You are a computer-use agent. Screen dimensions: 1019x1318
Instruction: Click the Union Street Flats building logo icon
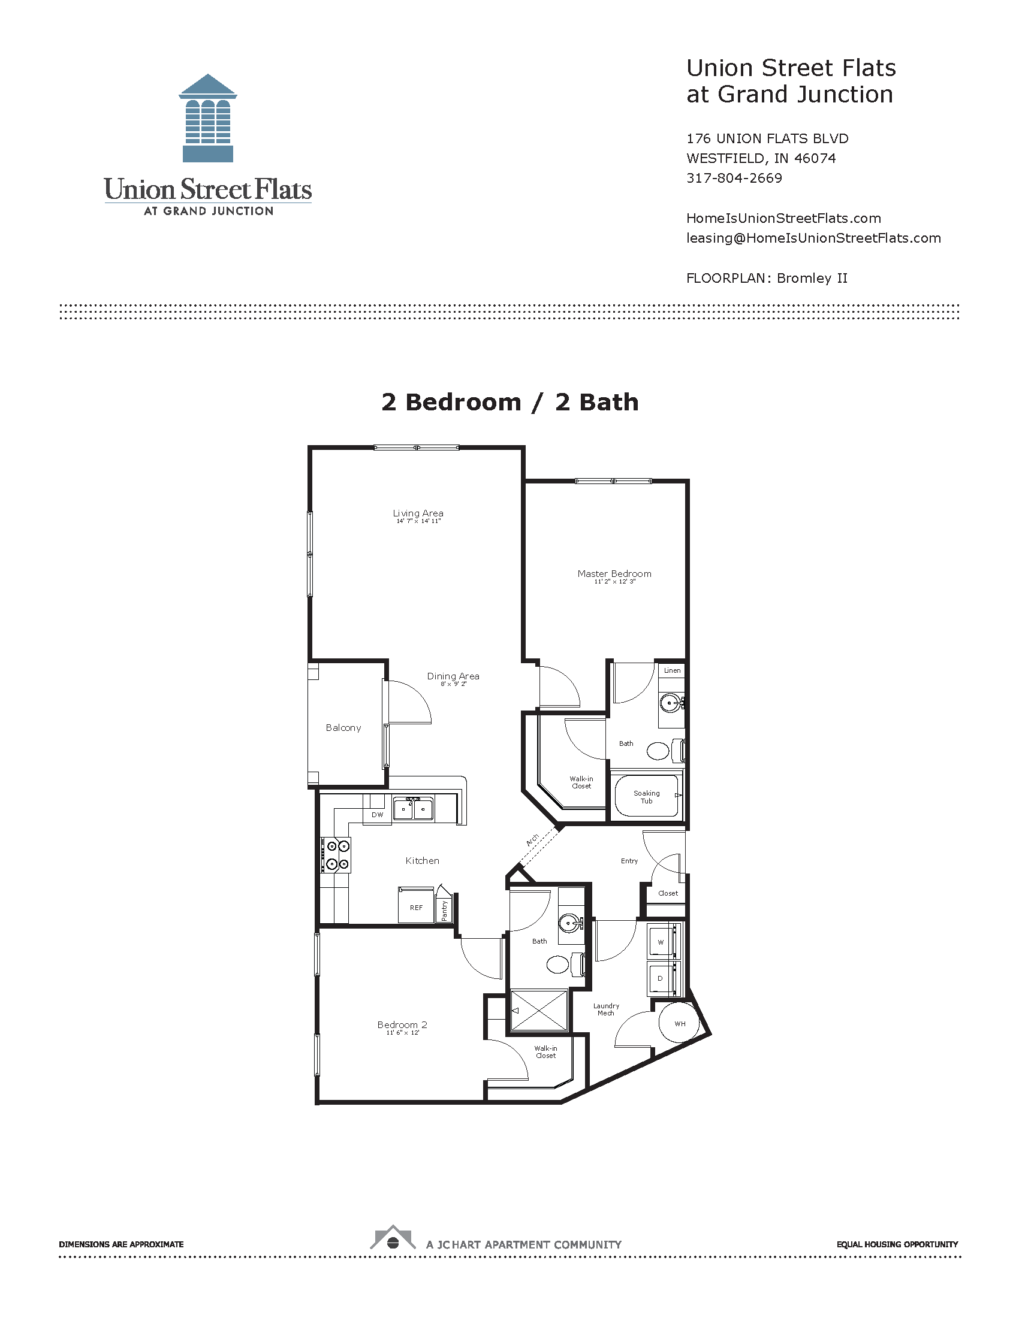coord(207,118)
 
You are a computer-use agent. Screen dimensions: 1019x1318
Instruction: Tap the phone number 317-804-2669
coord(734,178)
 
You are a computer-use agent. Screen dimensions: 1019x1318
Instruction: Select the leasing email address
coord(814,238)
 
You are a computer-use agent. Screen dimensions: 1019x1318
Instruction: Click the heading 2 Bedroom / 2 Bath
coord(510,402)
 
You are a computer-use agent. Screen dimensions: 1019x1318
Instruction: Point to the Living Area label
coord(418,513)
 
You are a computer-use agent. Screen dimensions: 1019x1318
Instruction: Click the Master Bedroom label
coord(614,573)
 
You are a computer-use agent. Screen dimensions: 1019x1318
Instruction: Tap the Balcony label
coord(343,728)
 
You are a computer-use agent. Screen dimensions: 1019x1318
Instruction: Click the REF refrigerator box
coord(416,905)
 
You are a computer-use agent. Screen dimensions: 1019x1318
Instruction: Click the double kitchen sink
coord(414,809)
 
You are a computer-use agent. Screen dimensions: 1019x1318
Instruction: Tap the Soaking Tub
coord(646,797)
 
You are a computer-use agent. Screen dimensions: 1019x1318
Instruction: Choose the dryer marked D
coord(664,978)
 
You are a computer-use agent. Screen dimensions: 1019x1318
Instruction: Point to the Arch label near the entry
coord(532,840)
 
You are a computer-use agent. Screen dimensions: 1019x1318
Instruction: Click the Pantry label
coord(444,910)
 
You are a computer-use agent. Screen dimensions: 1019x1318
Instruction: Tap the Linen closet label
coord(672,670)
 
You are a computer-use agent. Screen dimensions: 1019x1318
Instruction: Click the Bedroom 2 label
coord(402,1024)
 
